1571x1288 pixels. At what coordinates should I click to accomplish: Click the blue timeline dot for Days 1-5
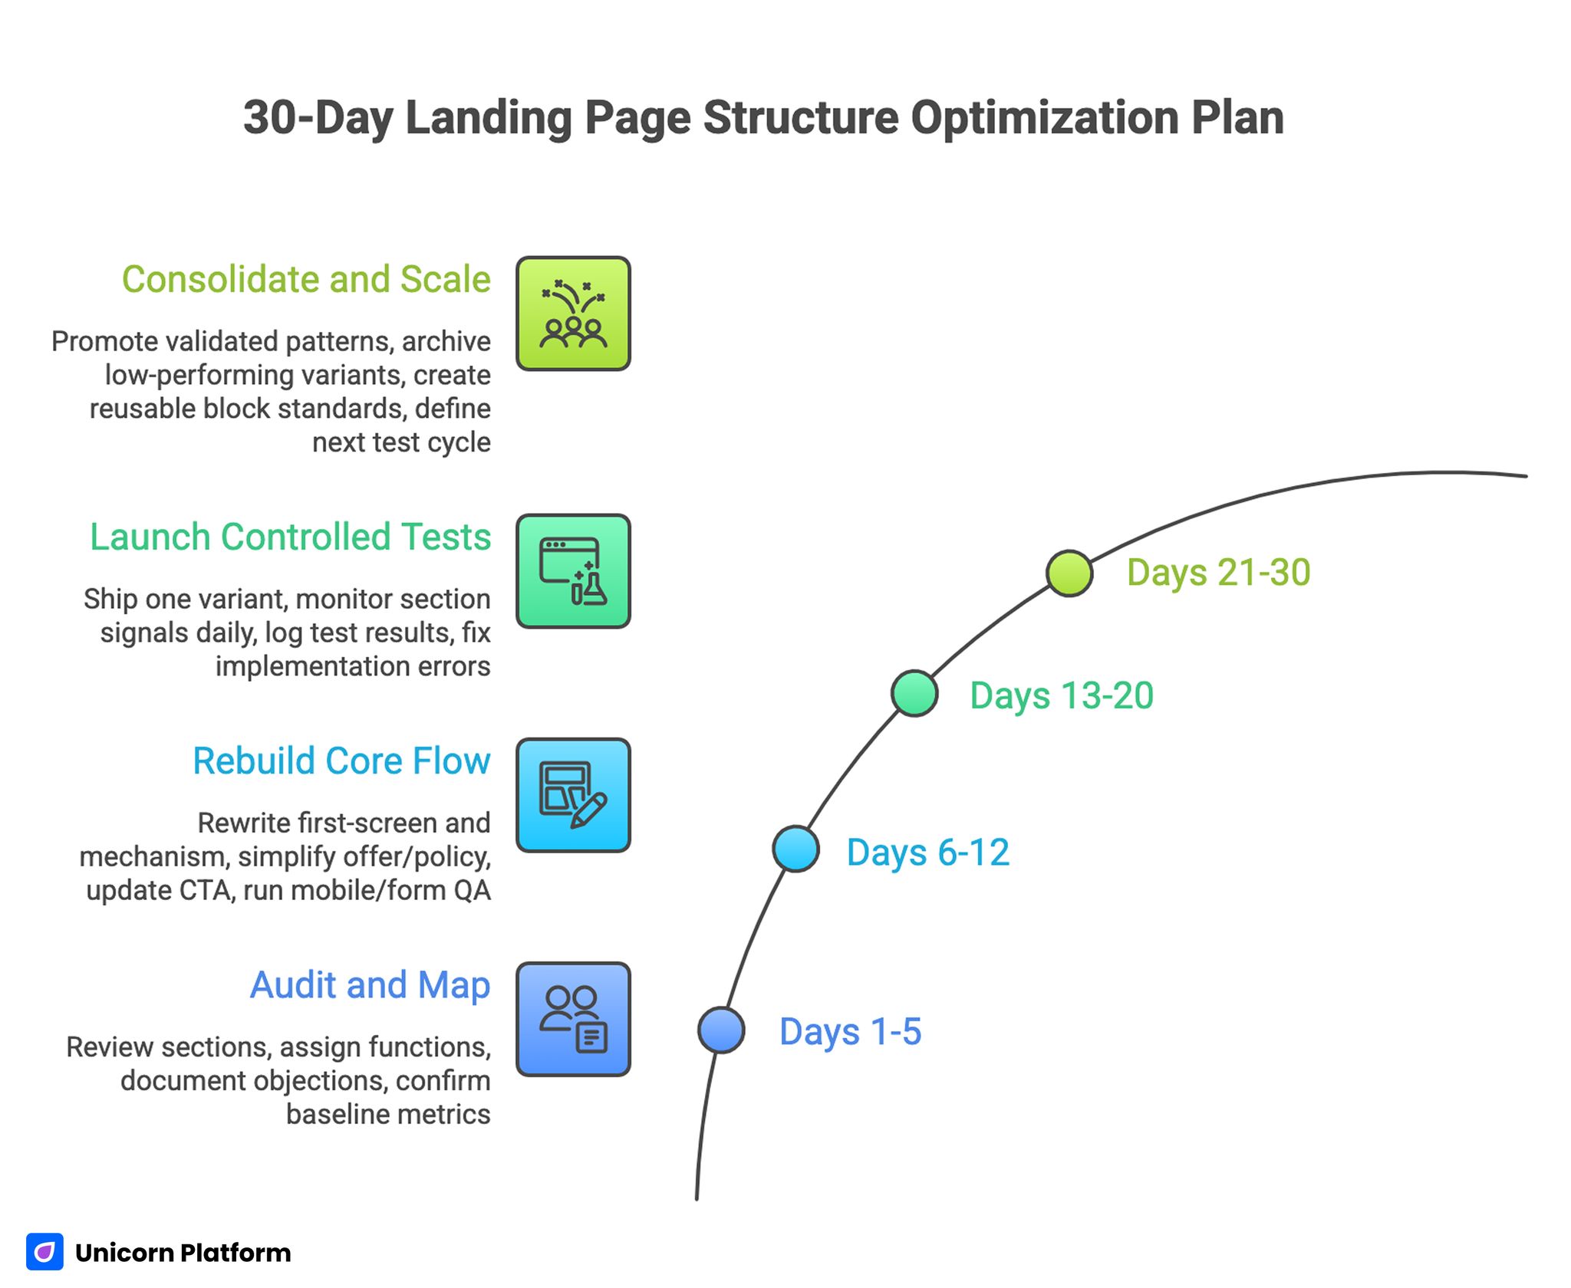(721, 1030)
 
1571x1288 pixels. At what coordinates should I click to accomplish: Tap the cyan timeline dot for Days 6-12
(795, 849)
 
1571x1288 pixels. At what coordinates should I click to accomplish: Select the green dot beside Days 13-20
(914, 693)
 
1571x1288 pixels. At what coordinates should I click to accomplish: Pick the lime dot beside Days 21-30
(1069, 573)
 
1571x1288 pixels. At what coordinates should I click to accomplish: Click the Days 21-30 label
(1218, 573)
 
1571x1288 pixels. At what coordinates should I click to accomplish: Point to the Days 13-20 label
(1062, 696)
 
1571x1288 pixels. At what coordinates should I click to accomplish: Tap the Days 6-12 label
(927, 853)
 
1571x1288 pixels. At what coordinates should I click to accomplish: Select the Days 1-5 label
(850, 1031)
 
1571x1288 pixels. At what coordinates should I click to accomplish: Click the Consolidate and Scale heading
(306, 279)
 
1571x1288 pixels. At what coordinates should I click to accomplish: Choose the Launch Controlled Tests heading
(290, 537)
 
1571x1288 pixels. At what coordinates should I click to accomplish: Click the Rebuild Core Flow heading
(341, 761)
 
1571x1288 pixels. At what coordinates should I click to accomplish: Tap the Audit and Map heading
(370, 985)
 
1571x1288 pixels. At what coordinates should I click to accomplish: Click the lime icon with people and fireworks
(573, 314)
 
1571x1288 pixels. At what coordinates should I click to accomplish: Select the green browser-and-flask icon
(573, 571)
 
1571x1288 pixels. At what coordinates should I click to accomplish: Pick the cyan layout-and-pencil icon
(573, 795)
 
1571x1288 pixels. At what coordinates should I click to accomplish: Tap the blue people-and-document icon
(573, 1019)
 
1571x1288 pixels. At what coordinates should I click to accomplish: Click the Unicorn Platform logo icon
(44, 1252)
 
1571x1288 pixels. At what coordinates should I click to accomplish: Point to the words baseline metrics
(388, 1114)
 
